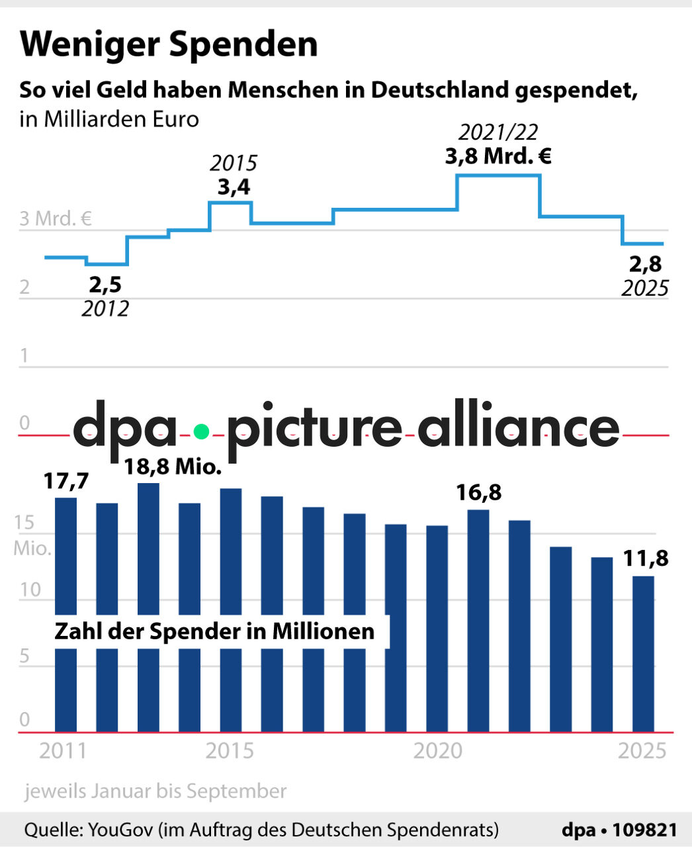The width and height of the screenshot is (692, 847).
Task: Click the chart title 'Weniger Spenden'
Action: pos(169,44)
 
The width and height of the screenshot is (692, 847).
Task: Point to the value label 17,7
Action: pos(65,481)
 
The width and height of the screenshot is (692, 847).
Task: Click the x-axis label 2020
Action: pos(437,751)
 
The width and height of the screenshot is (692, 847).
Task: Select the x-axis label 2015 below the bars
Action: pos(230,751)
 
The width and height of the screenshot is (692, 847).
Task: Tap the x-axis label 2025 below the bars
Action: pos(642,751)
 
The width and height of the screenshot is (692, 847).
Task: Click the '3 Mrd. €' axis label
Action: pos(56,218)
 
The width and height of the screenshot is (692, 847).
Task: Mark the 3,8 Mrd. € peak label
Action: pos(498,157)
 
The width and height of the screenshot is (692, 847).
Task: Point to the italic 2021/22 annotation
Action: pos(498,132)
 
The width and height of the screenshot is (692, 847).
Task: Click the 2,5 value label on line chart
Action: pos(105,285)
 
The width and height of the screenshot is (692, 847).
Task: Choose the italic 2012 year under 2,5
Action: pos(105,308)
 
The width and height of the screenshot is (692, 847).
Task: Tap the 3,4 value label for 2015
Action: pos(234,187)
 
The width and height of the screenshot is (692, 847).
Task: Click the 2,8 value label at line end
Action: pos(645,264)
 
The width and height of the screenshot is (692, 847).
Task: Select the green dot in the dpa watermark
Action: pos(201,432)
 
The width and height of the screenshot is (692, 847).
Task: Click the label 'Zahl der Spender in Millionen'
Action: pos(214,631)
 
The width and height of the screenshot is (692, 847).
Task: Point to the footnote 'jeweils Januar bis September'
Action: pos(155,791)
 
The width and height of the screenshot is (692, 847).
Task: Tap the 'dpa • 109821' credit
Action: pos(619,830)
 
